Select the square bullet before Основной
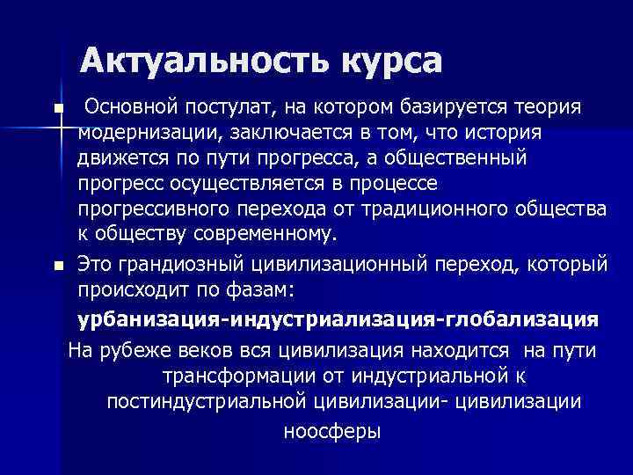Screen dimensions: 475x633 click(58, 109)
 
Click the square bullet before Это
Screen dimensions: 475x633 click(58, 264)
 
